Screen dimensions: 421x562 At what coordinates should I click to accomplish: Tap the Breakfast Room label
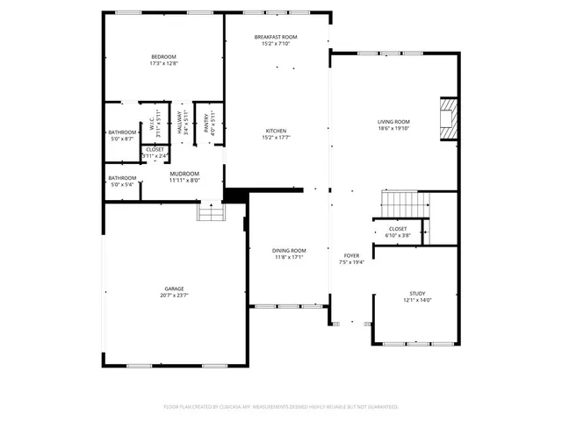point(276,37)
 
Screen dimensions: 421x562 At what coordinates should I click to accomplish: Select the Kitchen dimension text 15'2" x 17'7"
point(277,138)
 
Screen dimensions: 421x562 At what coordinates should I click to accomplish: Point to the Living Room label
point(394,122)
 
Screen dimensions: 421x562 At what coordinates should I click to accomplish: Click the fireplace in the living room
point(449,118)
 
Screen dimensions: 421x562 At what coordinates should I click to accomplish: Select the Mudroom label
point(184,173)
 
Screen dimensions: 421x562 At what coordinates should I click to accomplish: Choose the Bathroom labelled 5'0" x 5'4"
point(122,178)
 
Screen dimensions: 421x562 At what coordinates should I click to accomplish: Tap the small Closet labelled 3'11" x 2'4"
point(155,150)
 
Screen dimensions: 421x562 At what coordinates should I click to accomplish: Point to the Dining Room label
point(288,250)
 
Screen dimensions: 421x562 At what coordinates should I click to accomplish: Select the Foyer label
point(351,255)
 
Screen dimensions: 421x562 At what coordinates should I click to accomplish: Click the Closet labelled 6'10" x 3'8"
point(398,230)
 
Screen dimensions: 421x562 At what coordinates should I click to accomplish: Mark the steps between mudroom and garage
point(209,212)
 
